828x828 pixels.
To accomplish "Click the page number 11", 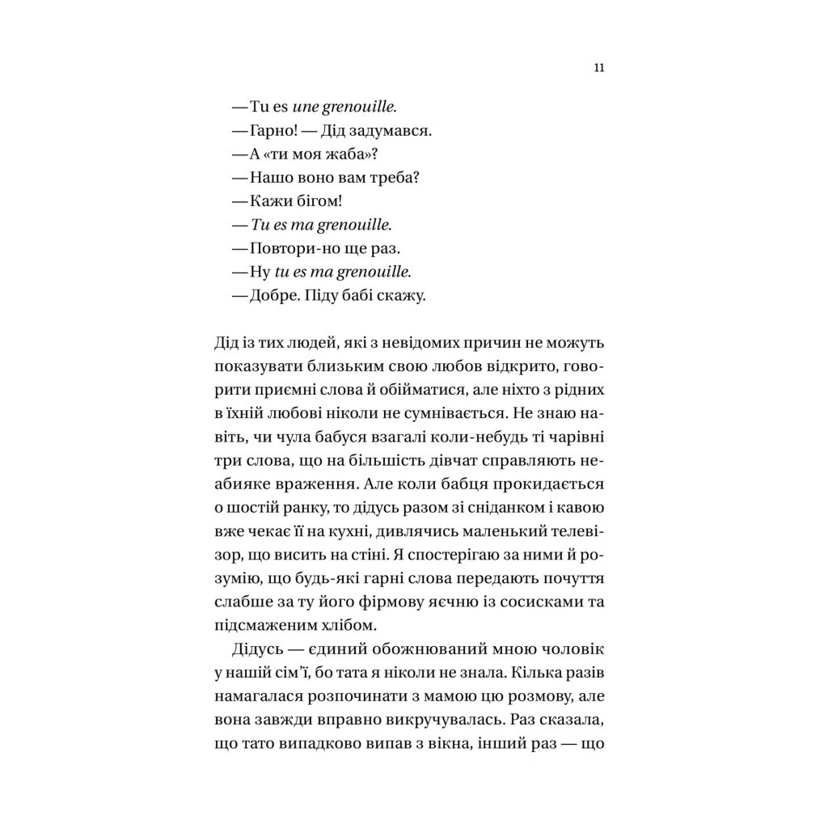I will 598,68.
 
